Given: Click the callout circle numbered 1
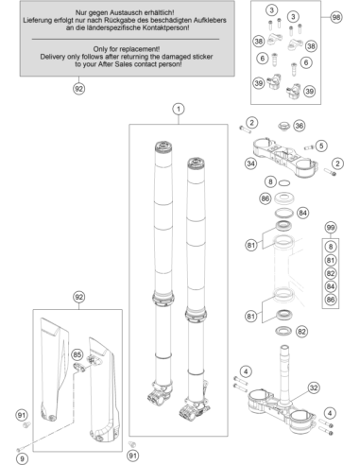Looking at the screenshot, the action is pyautogui.click(x=179, y=109).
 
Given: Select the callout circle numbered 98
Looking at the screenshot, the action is pyautogui.click(x=336, y=17).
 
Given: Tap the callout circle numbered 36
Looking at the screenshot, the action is pyautogui.click(x=299, y=126).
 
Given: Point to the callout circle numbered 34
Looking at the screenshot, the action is pyautogui.click(x=250, y=164).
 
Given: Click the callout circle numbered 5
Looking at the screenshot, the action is pyautogui.click(x=321, y=146).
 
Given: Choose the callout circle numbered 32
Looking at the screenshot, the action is pyautogui.click(x=314, y=387).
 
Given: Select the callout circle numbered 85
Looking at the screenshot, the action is pyautogui.click(x=77, y=354).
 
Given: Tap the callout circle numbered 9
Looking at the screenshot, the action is pyautogui.click(x=22, y=458).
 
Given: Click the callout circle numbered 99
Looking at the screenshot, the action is pyautogui.click(x=331, y=228).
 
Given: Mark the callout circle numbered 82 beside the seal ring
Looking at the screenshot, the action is pyautogui.click(x=301, y=332).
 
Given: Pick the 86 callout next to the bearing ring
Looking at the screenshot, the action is pyautogui.click(x=266, y=198).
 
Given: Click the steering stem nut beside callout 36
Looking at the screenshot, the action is pyautogui.click(x=284, y=127).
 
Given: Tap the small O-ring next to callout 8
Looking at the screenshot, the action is pyautogui.click(x=284, y=182).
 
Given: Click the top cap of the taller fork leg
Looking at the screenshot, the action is pyautogui.click(x=163, y=146).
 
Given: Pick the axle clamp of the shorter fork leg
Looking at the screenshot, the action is pyautogui.click(x=193, y=410).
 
